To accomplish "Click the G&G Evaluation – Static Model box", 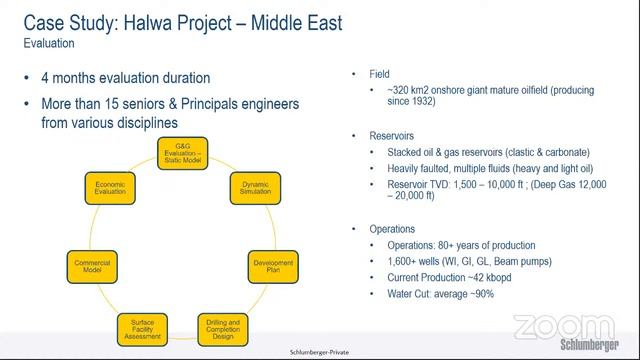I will coord(185,156).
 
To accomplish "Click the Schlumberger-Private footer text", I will coord(319,352).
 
